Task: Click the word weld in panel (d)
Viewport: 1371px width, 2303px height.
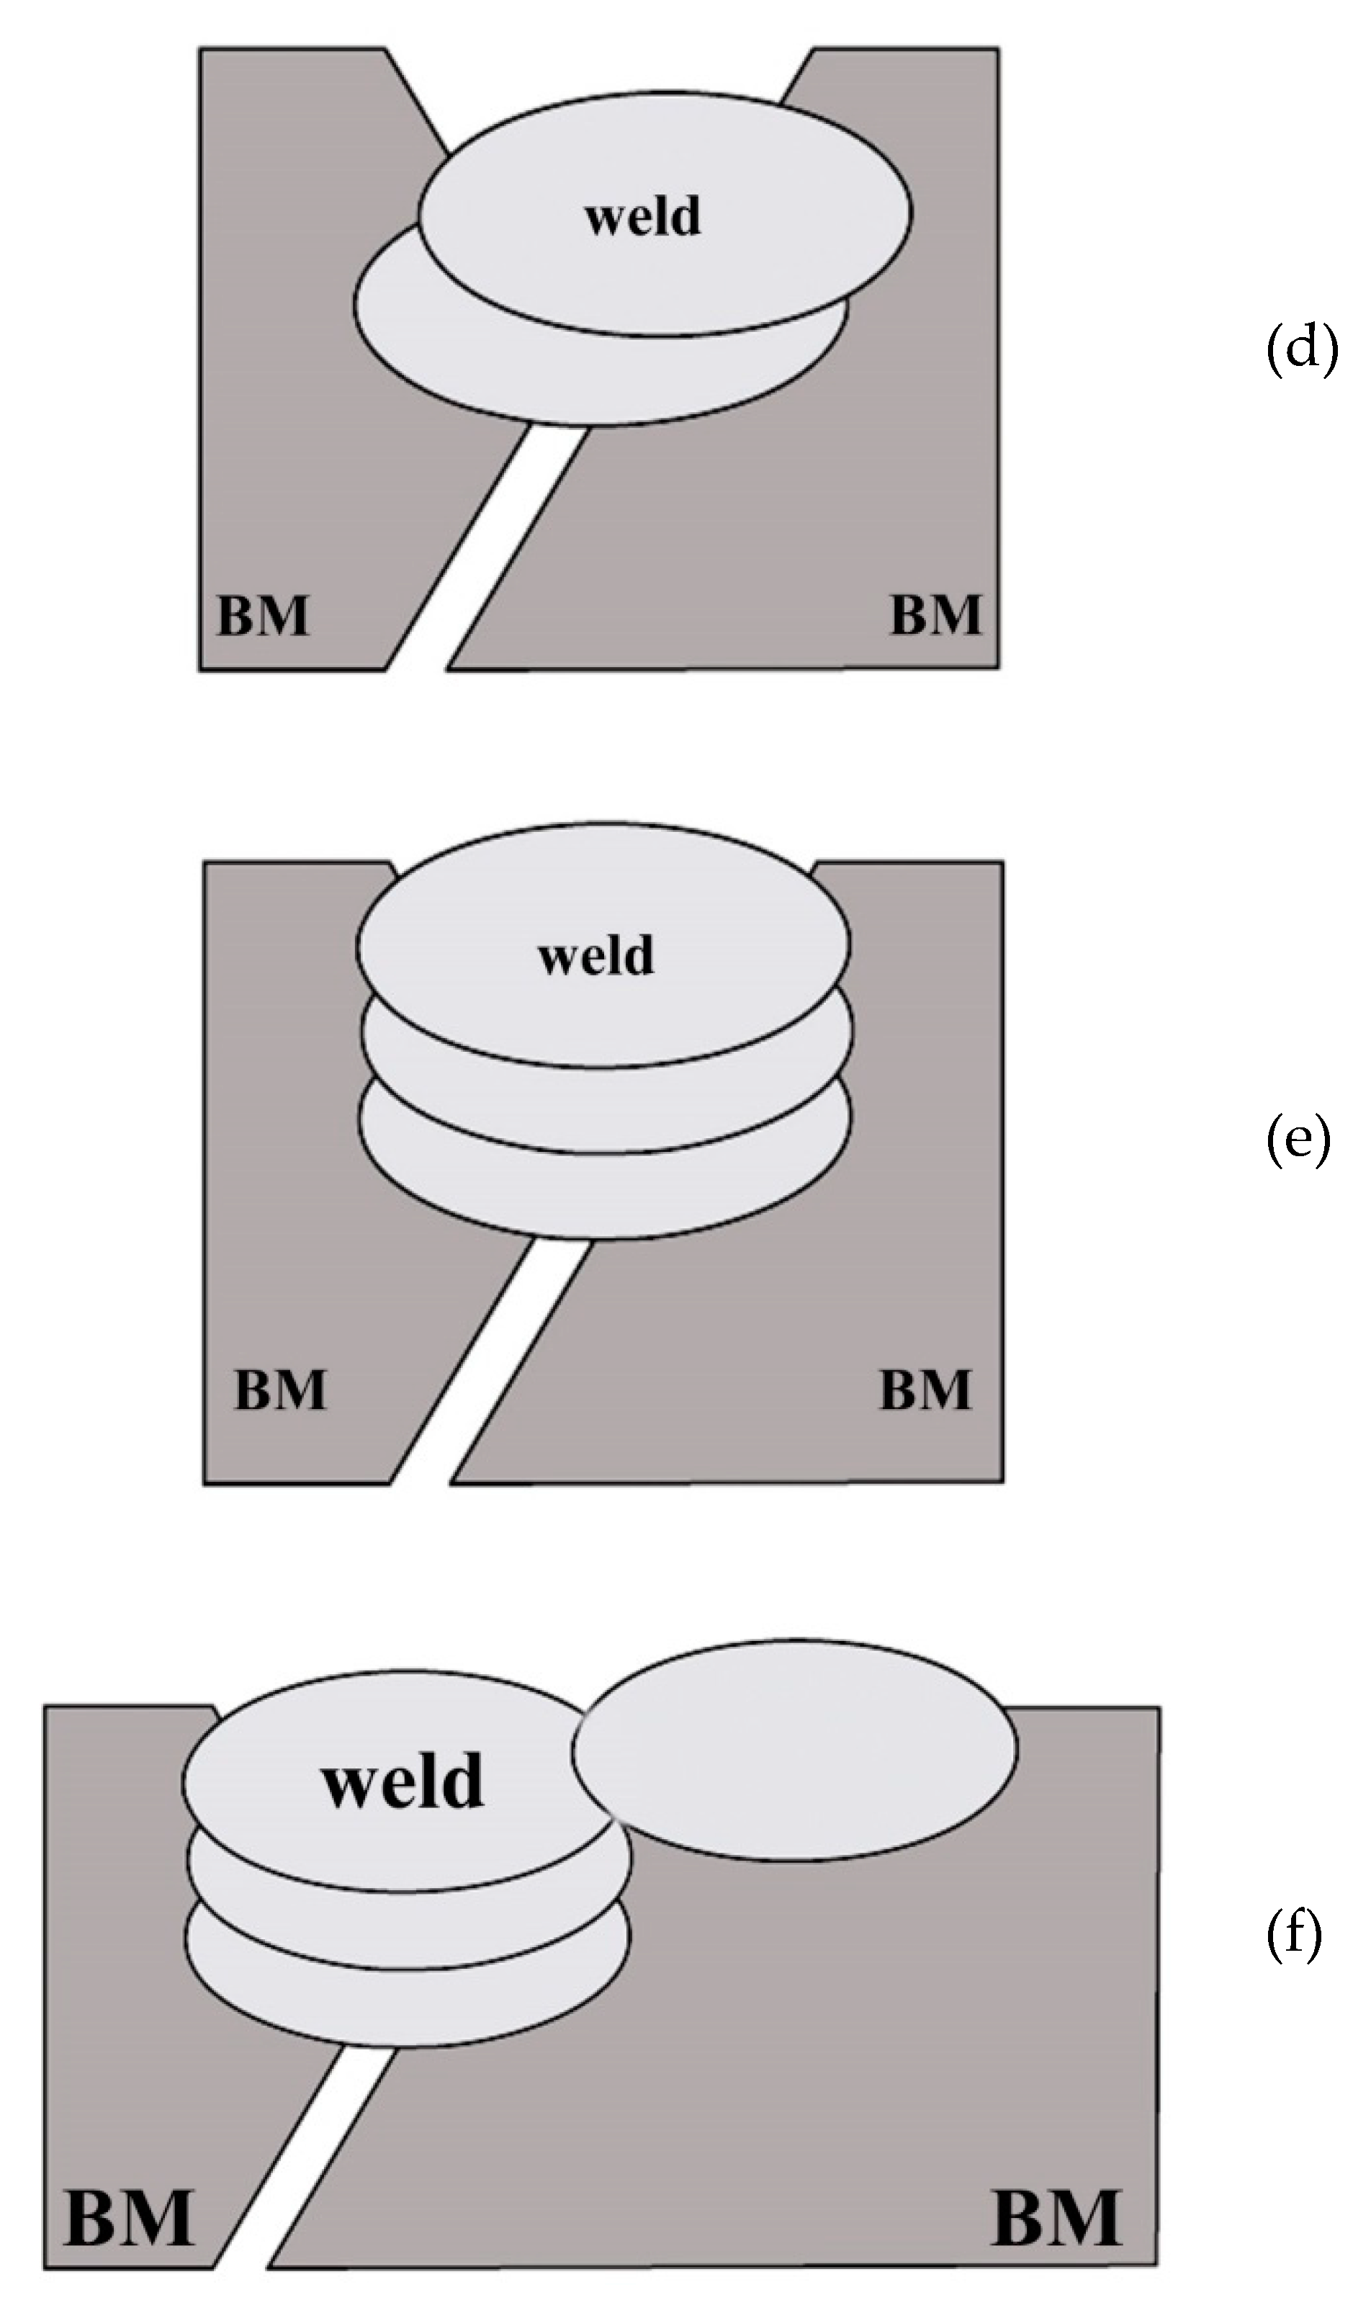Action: (x=643, y=217)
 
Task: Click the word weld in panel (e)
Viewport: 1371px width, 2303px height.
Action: (x=596, y=956)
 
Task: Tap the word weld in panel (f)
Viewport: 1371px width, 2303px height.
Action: (x=403, y=1781)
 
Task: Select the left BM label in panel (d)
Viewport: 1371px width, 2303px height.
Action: (x=262, y=617)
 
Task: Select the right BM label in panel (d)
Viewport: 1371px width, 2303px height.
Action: (x=935, y=617)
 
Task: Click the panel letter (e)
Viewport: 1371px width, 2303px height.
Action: (x=1298, y=1139)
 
